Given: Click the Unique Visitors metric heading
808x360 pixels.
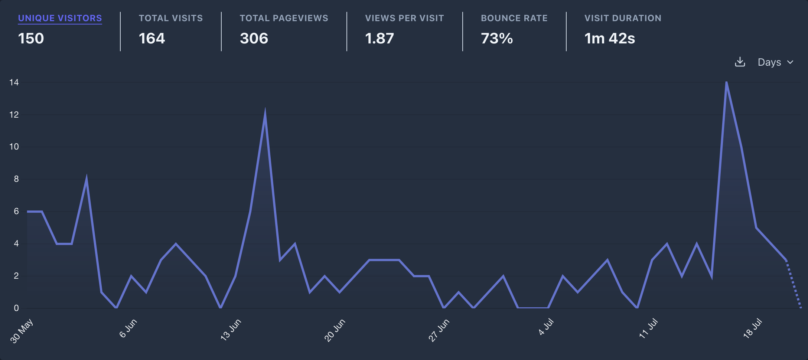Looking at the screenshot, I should [60, 18].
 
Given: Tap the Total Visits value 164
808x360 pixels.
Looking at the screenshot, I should [151, 39].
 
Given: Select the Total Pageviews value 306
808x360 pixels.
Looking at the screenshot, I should [254, 39].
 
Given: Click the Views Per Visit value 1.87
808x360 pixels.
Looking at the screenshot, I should [379, 39].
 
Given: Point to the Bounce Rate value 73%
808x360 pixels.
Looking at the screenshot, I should [496, 39].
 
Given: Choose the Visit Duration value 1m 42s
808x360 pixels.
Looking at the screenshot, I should [609, 39].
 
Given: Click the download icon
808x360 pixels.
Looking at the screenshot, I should [740, 62].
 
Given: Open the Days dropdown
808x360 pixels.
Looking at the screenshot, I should [775, 62].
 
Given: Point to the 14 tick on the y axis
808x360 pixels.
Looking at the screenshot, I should [14, 82].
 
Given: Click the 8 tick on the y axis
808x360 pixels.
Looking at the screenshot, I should [16, 179].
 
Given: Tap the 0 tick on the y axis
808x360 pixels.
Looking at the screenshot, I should [16, 308].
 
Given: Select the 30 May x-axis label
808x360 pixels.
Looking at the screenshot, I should [22, 331].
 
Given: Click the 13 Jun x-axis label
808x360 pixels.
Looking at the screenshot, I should [231, 330].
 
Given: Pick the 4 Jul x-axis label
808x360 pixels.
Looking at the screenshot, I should [546, 327].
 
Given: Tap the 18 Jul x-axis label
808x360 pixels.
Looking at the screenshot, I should [752, 328].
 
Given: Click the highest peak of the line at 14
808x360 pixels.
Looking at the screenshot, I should [726, 82].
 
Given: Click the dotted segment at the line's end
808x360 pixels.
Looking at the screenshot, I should [794, 284].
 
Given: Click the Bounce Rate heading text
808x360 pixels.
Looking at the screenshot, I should [514, 18].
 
